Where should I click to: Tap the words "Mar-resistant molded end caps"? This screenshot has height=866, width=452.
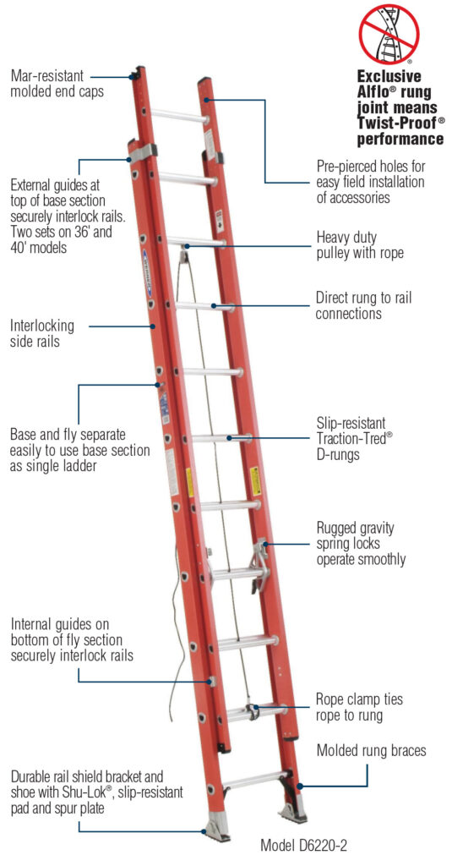coord(57,84)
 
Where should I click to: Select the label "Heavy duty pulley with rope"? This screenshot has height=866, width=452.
coord(359,244)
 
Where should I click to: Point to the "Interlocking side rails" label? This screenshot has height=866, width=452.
coord(42,333)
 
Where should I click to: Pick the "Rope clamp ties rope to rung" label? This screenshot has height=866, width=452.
coord(359,707)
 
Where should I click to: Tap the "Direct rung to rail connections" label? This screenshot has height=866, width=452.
coord(365,305)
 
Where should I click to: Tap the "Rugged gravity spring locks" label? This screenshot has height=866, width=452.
coord(361,543)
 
